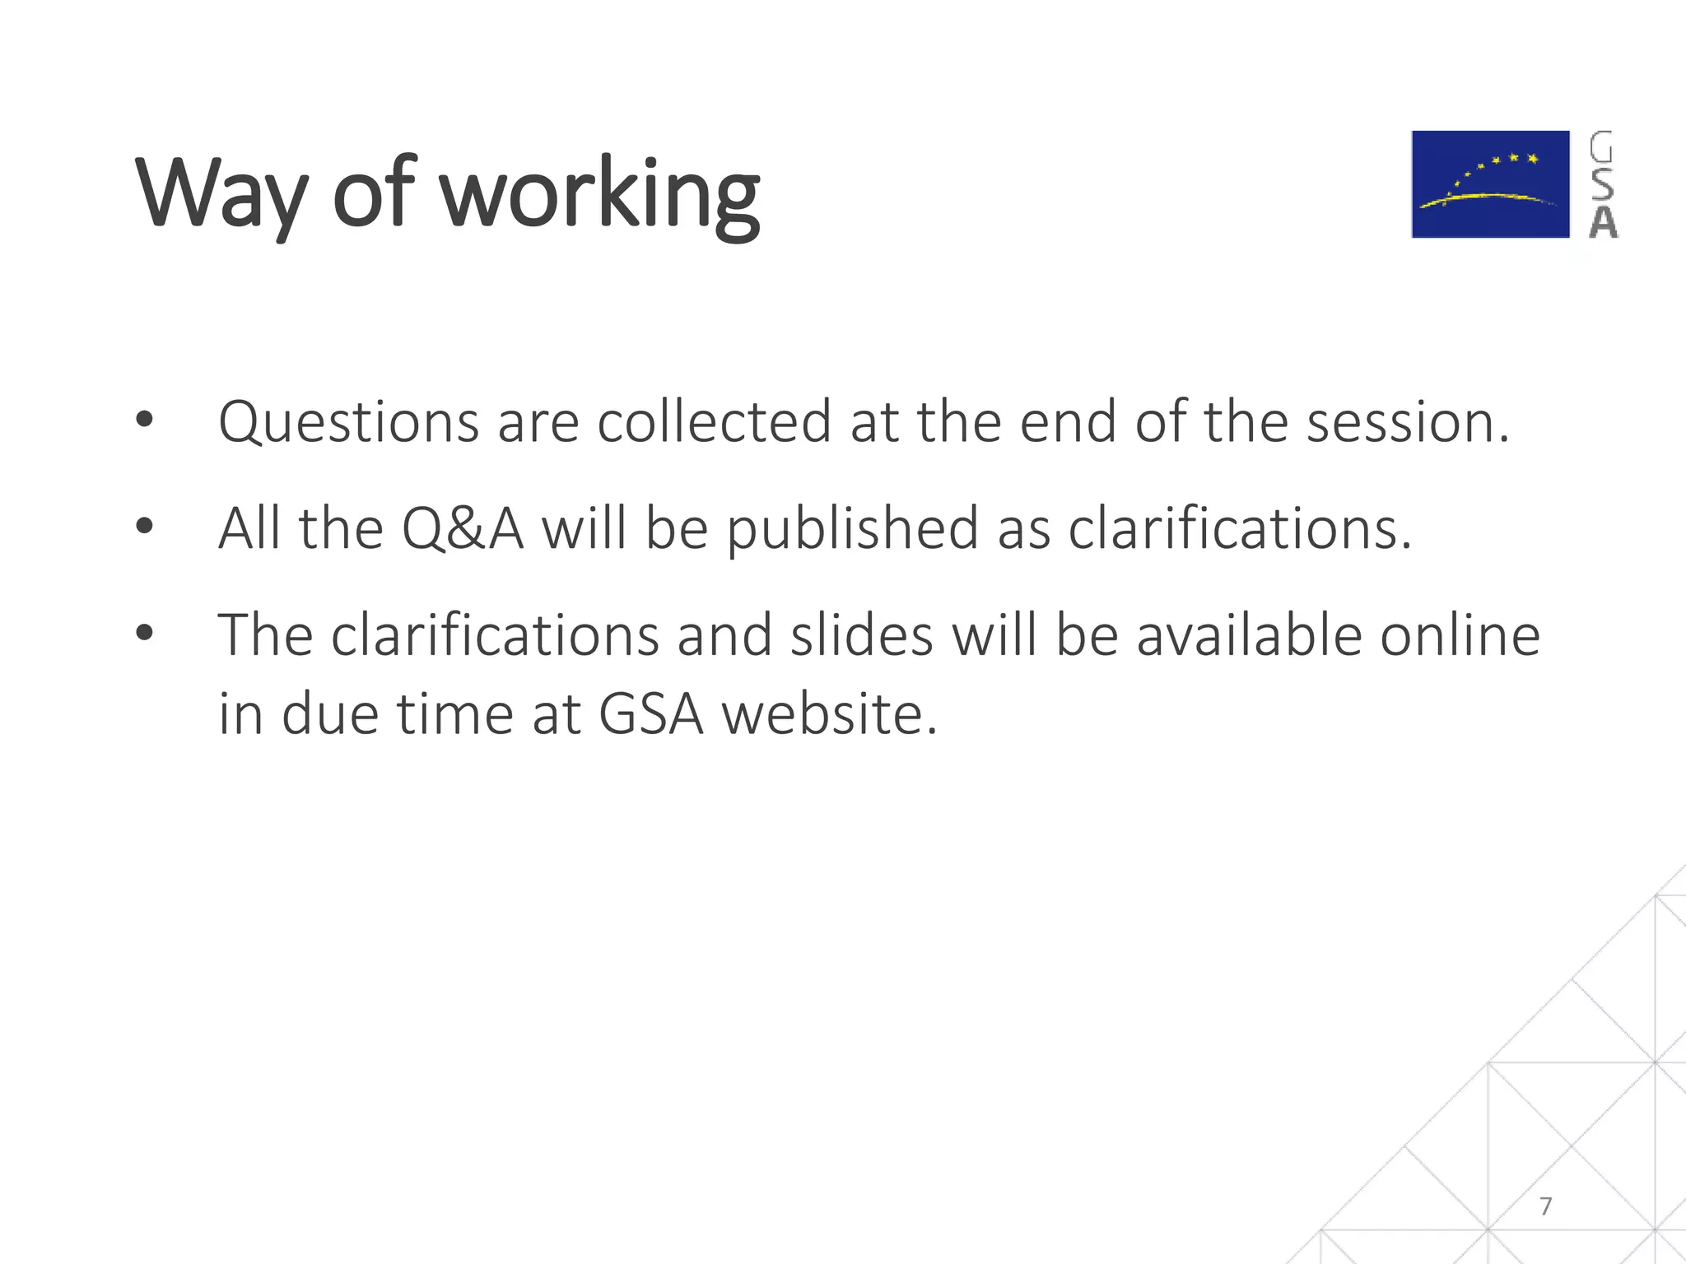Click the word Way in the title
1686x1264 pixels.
coord(221,195)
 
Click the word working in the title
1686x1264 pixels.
coord(599,195)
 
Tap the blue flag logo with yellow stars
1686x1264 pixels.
coord(1490,184)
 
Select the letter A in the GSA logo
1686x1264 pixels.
coord(1603,222)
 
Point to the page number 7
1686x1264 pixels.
coord(1545,1206)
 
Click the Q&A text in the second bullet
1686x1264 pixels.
coord(462,529)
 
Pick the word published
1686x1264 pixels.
coord(853,529)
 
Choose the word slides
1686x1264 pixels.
coord(861,636)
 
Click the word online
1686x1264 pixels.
coord(1460,636)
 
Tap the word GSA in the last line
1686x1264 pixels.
coord(650,713)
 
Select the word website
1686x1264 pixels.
coord(829,713)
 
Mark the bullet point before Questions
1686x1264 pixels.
coord(145,421)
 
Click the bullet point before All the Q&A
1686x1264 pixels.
coord(145,526)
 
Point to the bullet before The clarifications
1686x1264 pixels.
coord(145,633)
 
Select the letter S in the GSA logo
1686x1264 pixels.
coord(1602,184)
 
